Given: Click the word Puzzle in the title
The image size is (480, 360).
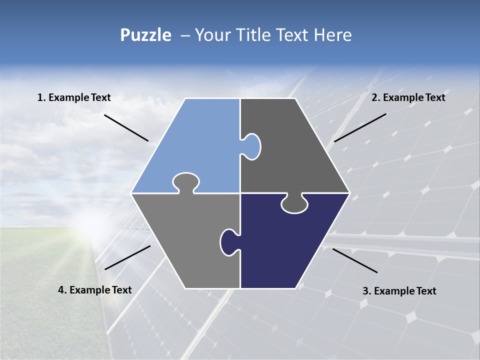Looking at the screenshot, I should (x=145, y=35).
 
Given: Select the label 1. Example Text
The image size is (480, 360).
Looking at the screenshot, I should (x=74, y=97).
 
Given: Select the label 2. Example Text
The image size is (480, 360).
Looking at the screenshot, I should (x=408, y=97).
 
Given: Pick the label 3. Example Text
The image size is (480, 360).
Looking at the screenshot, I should (x=399, y=291).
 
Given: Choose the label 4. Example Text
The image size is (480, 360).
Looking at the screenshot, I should (x=95, y=290).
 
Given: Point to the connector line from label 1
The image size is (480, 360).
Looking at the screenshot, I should (x=126, y=127).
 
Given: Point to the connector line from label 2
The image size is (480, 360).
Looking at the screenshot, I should (x=360, y=127).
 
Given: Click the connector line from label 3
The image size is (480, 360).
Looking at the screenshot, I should (x=355, y=260).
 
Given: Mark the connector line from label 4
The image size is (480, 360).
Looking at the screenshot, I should (x=127, y=257).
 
